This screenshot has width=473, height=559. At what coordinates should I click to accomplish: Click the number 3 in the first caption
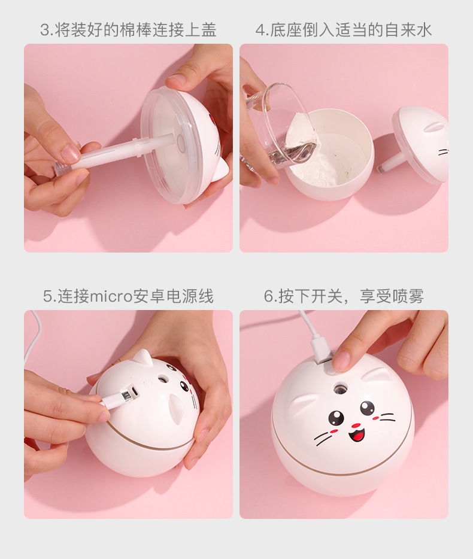pos(44,30)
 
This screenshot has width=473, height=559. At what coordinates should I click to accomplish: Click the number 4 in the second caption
pos(260,30)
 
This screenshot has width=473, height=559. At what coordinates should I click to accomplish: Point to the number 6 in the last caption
pos(268,296)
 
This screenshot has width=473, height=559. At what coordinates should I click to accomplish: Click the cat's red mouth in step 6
pos(357,433)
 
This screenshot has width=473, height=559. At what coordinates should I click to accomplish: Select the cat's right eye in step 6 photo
pos(366,408)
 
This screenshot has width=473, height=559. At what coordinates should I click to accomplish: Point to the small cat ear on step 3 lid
pos(222,171)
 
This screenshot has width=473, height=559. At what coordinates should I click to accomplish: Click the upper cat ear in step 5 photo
pos(142,357)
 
